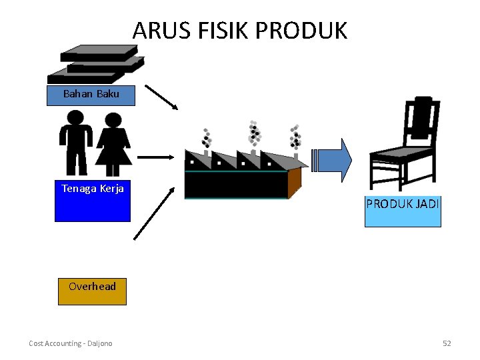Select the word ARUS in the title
(161, 30)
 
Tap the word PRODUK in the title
(301, 30)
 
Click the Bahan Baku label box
(91, 95)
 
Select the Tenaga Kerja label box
(93, 201)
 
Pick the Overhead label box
(92, 291)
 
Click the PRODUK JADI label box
(403, 211)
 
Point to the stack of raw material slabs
(96, 64)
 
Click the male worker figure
(75, 143)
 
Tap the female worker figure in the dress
(113, 145)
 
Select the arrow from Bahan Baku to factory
(161, 97)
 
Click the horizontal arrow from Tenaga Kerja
(156, 157)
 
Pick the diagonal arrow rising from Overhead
(154, 214)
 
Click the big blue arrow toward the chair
(331, 161)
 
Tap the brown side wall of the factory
(295, 183)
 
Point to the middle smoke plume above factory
(254, 133)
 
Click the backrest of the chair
(422, 121)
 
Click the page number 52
(447, 343)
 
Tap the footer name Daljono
(100, 343)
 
